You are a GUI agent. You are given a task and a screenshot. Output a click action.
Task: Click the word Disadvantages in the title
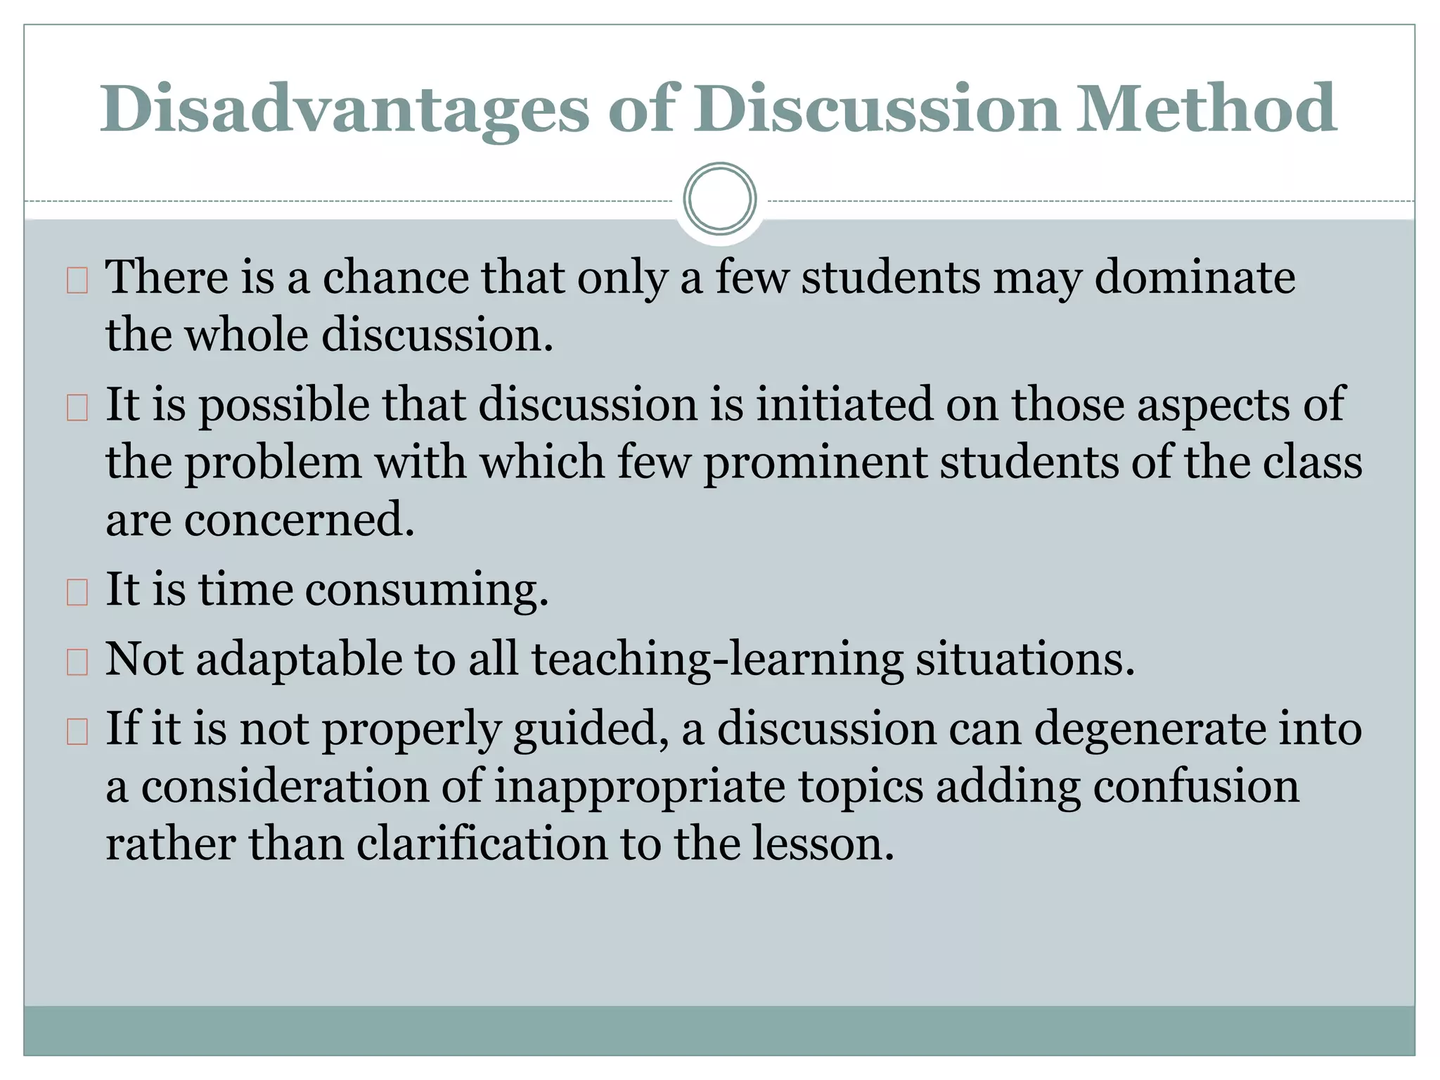344,109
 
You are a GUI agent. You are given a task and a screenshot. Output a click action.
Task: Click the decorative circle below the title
719,199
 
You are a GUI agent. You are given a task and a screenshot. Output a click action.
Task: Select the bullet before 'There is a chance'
77,281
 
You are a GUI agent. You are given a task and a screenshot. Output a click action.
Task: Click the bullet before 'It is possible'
77,408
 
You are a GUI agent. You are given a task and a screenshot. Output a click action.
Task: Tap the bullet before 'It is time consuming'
77,592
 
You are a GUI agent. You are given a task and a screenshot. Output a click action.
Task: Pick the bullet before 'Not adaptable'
77,662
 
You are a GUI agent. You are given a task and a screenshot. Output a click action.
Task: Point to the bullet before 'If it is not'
77,732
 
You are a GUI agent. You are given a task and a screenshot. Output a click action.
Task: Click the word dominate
1195,277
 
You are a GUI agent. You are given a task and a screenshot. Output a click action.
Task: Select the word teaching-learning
717,660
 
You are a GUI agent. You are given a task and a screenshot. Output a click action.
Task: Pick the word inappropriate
639,787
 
